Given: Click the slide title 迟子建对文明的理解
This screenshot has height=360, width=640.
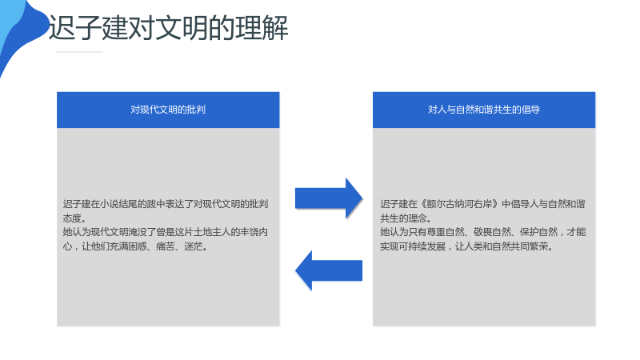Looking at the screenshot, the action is (168, 28).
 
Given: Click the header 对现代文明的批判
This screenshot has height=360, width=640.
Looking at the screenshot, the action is (168, 110).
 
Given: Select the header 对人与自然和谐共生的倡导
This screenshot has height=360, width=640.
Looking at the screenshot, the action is (484, 110).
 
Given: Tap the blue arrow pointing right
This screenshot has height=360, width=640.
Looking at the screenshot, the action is (329, 198).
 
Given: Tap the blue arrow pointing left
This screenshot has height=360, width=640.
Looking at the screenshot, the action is (329, 270).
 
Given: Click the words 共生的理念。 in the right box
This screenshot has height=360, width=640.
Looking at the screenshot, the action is (406, 218).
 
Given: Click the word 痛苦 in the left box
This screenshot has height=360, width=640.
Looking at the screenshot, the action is (166, 246).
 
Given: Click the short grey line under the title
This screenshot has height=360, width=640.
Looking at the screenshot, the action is (79, 52).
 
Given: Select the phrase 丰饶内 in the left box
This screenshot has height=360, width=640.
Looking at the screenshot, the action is (254, 232).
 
